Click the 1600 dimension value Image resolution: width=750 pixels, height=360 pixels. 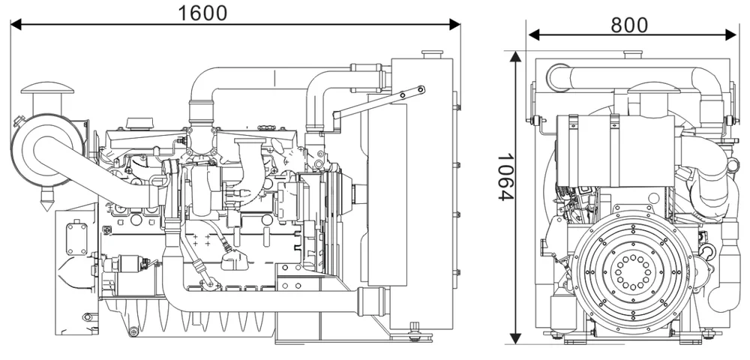click(x=202, y=12)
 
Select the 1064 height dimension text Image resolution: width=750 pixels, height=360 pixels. click(x=505, y=177)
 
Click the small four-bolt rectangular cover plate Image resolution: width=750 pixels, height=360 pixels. click(x=76, y=237)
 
